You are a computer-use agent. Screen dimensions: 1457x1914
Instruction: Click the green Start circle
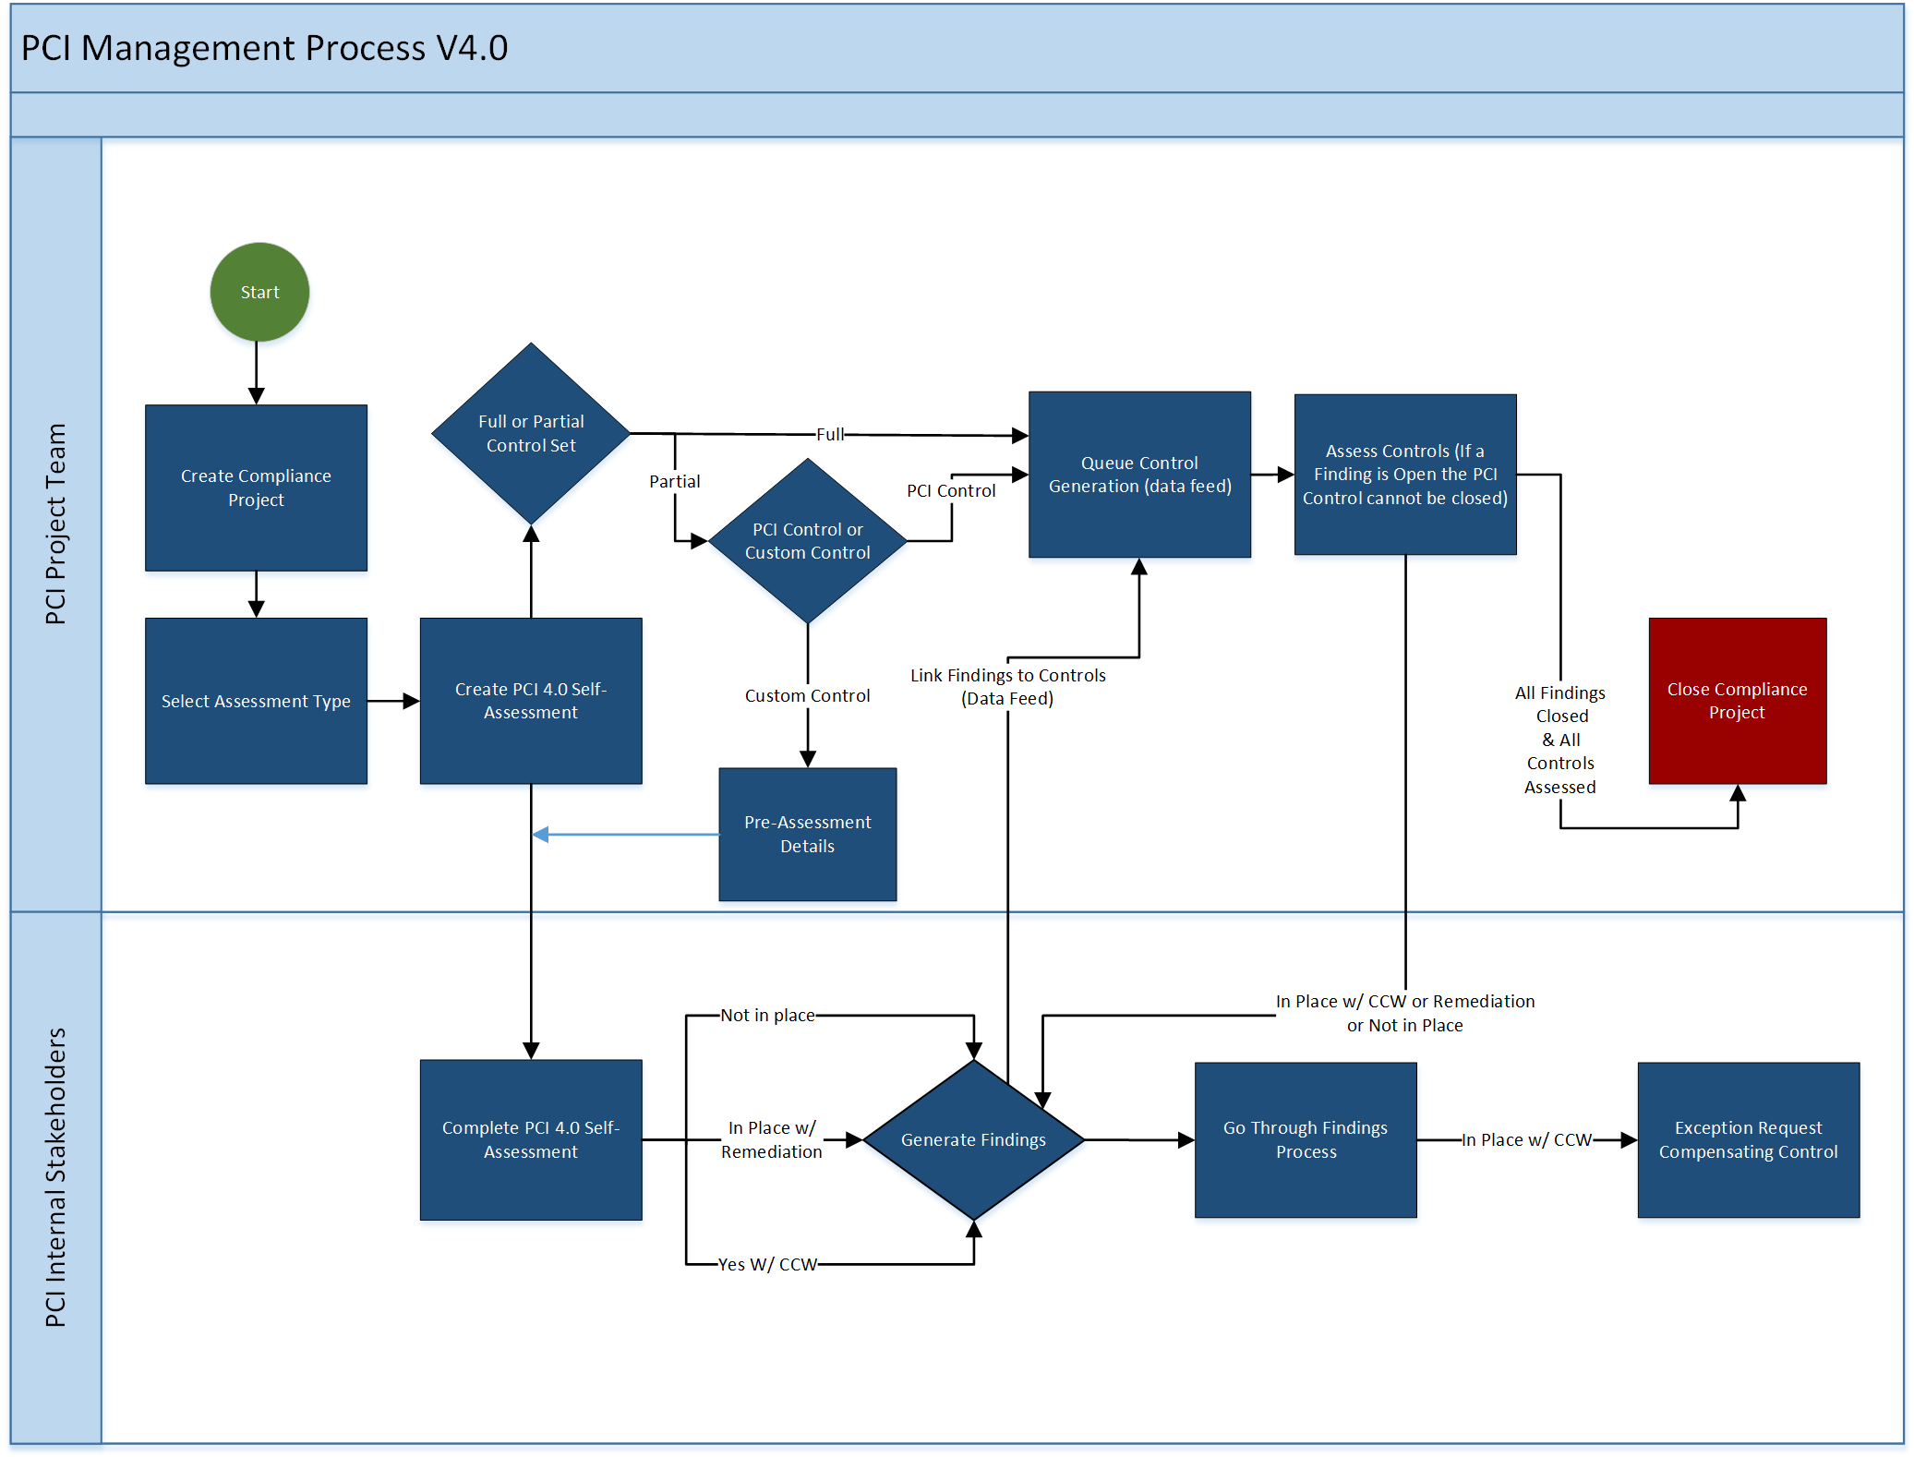259,292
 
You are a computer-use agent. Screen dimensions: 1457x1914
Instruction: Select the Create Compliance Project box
256,488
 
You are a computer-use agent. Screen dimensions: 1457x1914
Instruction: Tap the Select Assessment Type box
256,701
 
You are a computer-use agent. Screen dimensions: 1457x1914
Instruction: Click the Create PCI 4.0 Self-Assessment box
531,701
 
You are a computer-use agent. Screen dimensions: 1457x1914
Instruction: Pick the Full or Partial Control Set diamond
531,433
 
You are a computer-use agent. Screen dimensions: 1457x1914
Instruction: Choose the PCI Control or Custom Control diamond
807,541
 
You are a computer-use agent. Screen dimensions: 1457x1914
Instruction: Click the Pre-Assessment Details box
807,834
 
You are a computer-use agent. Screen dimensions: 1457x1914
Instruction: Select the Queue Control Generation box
1139,475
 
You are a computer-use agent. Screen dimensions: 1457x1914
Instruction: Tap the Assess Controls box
1404,475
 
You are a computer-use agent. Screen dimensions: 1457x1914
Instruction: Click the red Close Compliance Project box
1737,701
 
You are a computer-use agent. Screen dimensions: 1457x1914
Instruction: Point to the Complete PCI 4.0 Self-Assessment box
531,1139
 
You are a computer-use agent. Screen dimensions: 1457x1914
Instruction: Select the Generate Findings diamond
973,1139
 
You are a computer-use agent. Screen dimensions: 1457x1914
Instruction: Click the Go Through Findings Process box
1305,1139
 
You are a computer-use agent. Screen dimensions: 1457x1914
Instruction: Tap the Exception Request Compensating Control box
1748,1139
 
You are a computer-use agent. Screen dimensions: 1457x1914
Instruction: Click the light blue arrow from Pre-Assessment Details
628,835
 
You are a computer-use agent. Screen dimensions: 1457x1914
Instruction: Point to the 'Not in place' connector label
767,1016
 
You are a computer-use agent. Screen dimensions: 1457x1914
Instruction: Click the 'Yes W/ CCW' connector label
767,1264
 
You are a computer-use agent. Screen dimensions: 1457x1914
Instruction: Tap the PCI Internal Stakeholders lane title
56,1177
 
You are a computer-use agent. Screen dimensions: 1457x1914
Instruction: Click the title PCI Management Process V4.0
264,48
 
